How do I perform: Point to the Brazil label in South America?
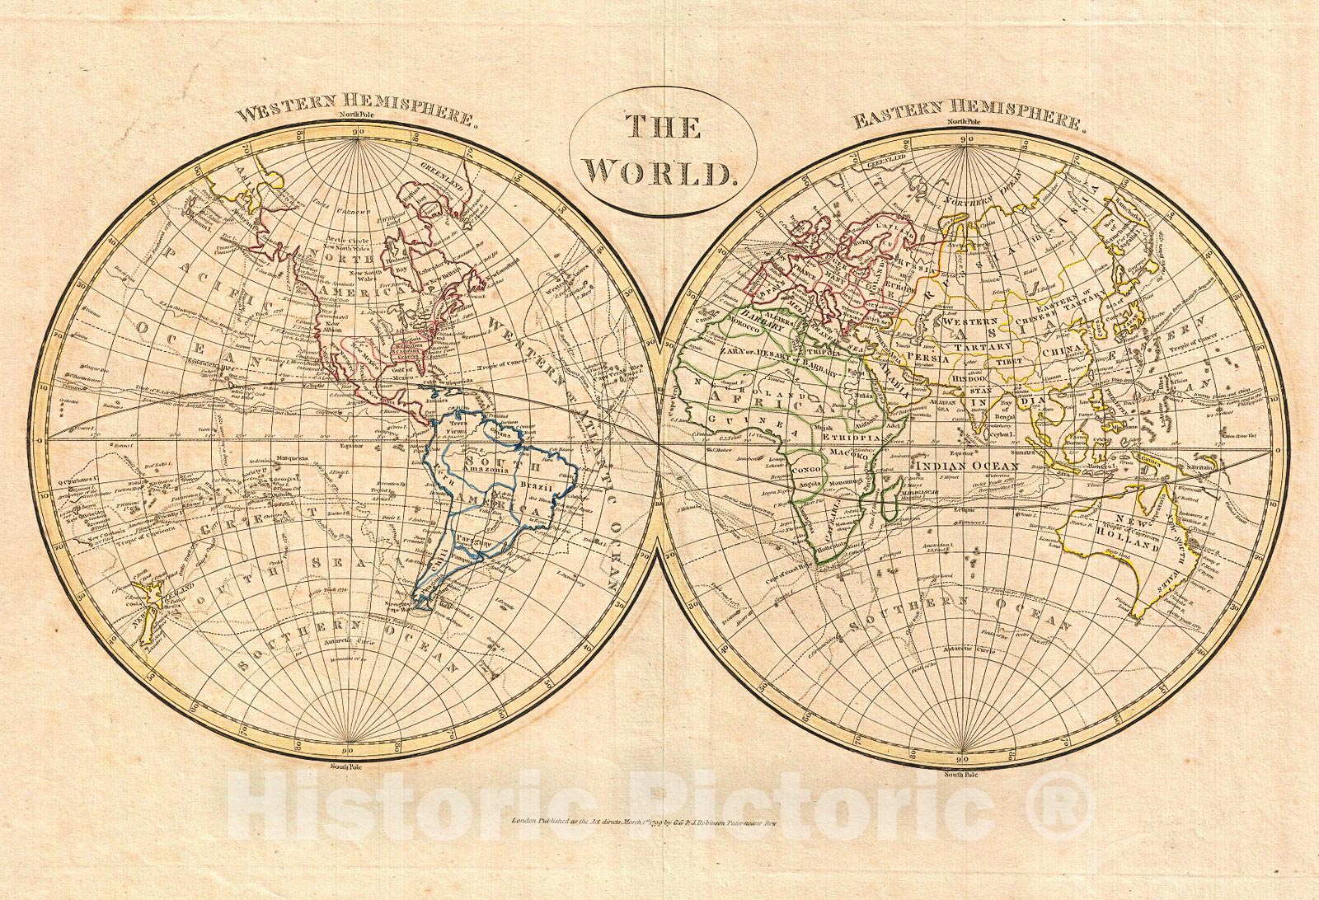click(536, 487)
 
